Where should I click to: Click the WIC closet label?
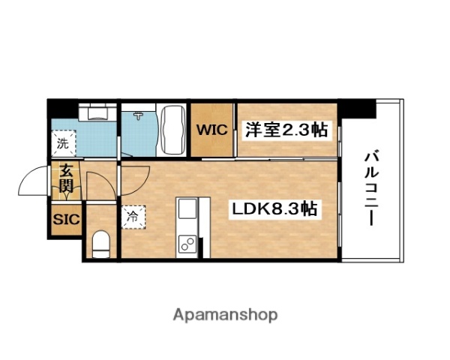[213, 130]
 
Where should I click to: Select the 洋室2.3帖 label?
[286, 130]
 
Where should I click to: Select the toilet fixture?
[100, 242]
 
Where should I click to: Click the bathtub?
[173, 130]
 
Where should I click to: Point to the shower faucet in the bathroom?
[139, 116]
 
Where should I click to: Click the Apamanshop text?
[224, 314]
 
